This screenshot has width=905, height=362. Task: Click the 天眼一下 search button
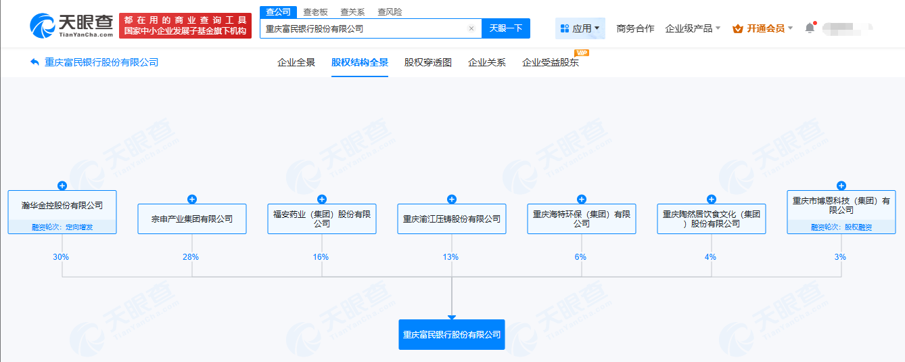click(506, 28)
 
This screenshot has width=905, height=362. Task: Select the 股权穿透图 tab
click(428, 62)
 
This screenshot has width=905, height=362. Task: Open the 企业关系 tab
click(486, 62)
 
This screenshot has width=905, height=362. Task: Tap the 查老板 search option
click(315, 12)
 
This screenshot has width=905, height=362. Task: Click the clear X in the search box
click(471, 28)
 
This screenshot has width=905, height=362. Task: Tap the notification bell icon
click(810, 28)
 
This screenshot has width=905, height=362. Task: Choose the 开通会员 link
click(762, 28)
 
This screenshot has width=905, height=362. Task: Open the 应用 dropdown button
click(580, 28)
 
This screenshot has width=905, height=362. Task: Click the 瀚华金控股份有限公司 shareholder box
click(62, 212)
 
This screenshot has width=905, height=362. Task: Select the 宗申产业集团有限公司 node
click(192, 219)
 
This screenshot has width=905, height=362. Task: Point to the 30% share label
click(61, 257)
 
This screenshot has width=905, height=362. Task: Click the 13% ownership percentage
click(450, 257)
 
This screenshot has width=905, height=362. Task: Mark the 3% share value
click(840, 257)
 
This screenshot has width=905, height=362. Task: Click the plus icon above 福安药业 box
click(322, 199)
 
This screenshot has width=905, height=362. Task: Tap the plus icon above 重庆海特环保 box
click(582, 199)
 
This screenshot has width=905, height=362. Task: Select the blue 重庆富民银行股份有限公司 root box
click(452, 334)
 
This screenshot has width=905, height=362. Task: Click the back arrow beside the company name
click(34, 62)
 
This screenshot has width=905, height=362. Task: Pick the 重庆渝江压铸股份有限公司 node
click(452, 219)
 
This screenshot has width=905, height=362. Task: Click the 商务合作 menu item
click(635, 28)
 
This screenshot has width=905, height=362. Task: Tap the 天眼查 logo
click(72, 26)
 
